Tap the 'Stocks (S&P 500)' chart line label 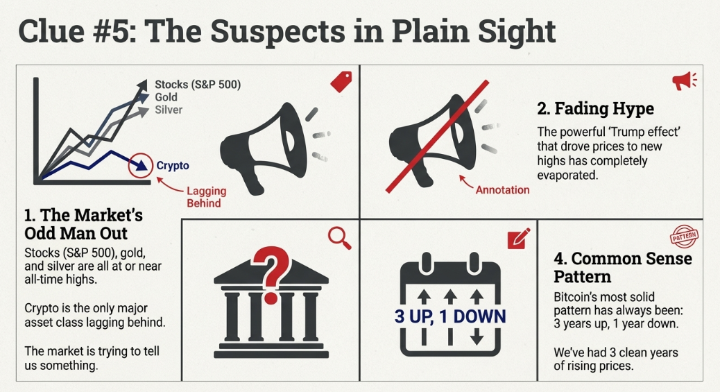[198, 85]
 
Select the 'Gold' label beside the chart [166, 97]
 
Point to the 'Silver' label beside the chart [169, 110]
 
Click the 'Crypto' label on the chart [173, 166]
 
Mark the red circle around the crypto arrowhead [142, 165]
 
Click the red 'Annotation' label [502, 189]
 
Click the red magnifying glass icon [339, 238]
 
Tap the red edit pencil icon [518, 238]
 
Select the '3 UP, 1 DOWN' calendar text [450, 317]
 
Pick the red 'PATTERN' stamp [685, 237]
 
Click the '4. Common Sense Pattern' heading [622, 268]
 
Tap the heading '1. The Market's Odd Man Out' [83, 224]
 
